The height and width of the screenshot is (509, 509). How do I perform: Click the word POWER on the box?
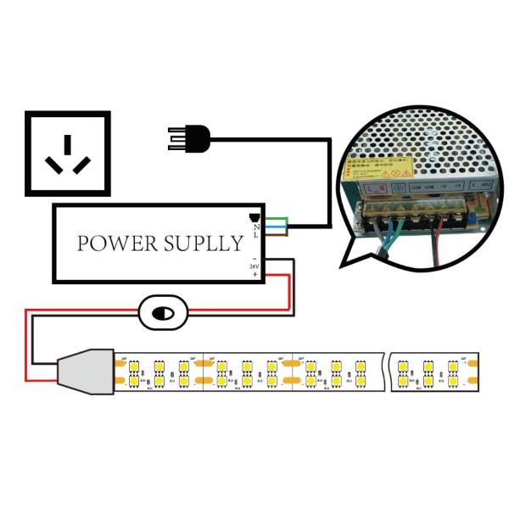click(x=115, y=243)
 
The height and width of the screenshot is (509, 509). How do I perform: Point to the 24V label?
click(x=254, y=266)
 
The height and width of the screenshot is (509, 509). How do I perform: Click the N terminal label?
click(x=255, y=225)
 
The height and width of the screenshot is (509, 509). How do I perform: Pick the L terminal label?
click(x=255, y=235)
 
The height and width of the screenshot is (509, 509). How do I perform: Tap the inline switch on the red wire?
click(x=159, y=313)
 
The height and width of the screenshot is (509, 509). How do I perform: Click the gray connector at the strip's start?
click(x=85, y=372)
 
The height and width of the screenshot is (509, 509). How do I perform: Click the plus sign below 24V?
click(x=255, y=275)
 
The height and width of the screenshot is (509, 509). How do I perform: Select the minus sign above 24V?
click(x=254, y=258)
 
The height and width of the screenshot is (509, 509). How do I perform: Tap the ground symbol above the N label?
click(x=254, y=216)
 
